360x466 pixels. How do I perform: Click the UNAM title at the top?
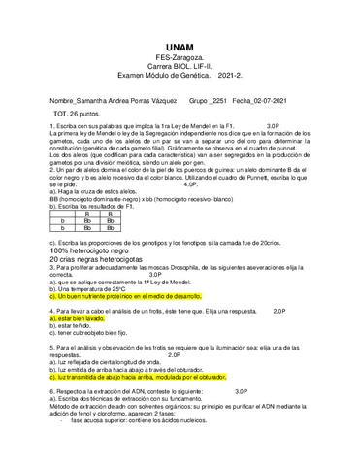(x=180, y=47)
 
